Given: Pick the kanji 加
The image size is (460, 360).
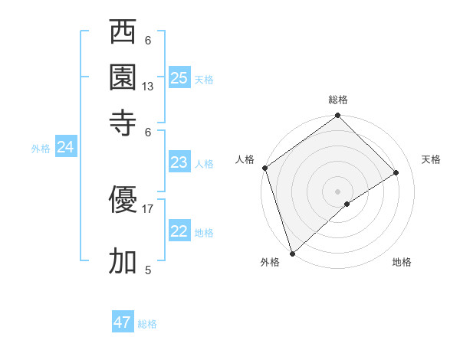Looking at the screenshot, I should click(123, 261).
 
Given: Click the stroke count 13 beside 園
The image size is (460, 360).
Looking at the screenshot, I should click(148, 87).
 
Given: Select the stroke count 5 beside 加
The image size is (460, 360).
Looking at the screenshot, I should click(148, 270).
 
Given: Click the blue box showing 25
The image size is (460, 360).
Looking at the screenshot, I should click(179, 78).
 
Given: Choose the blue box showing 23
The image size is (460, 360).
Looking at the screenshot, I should click(179, 162).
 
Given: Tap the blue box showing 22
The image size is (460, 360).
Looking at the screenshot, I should click(179, 231).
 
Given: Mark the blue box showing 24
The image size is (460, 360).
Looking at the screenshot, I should click(66, 148).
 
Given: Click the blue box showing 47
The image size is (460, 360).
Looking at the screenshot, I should click(123, 322).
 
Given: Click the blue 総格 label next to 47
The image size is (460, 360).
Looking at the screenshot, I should click(147, 324).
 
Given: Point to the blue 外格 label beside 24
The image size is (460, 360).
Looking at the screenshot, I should click(40, 149).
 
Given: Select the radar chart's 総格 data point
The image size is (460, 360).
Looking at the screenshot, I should click(337, 116).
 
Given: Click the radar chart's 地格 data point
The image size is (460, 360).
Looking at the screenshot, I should click(347, 204).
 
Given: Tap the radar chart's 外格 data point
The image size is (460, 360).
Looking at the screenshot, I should click(291, 254).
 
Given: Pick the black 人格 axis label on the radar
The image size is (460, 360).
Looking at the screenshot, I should click(245, 159).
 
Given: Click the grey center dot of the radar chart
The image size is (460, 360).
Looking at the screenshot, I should click(337, 191).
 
